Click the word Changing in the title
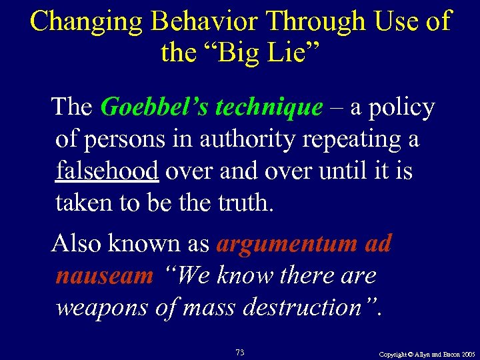87,21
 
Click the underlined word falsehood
107,171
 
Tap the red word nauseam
105,275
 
